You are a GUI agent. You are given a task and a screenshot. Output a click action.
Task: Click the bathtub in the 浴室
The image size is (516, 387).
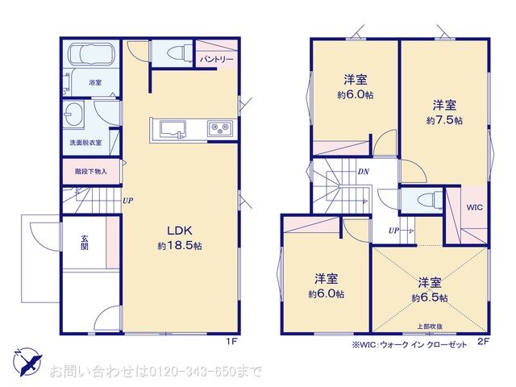90,56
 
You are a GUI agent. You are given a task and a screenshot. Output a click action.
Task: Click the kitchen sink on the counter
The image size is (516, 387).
173,128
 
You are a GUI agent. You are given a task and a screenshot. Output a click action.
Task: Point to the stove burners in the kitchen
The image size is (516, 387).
219,128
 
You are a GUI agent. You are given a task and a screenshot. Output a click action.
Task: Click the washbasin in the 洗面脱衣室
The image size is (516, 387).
73,115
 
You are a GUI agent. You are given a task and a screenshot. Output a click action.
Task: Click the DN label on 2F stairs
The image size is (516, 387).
364,172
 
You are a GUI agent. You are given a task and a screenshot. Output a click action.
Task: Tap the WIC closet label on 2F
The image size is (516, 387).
474,206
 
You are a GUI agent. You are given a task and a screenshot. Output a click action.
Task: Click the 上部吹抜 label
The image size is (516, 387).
428,326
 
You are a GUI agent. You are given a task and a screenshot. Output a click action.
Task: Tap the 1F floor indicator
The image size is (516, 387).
231,342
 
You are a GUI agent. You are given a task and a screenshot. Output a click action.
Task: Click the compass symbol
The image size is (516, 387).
26,361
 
